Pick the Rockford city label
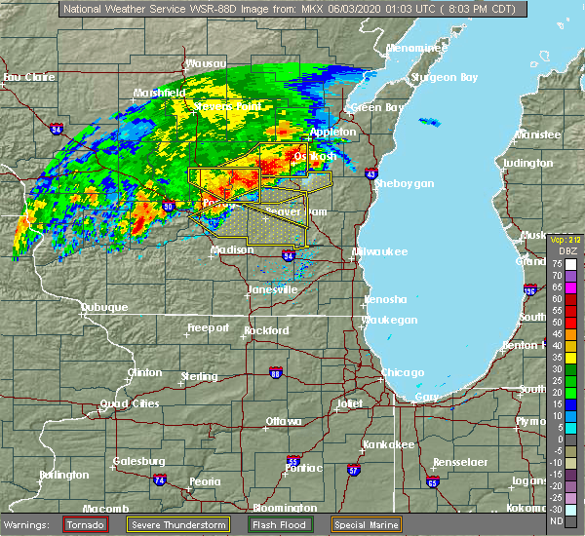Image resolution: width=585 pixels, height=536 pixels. [266, 330]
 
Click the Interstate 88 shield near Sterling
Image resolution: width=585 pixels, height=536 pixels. [276, 373]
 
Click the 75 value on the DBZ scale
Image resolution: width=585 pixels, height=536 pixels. [572, 263]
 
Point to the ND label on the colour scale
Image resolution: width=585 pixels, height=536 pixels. [572, 520]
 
